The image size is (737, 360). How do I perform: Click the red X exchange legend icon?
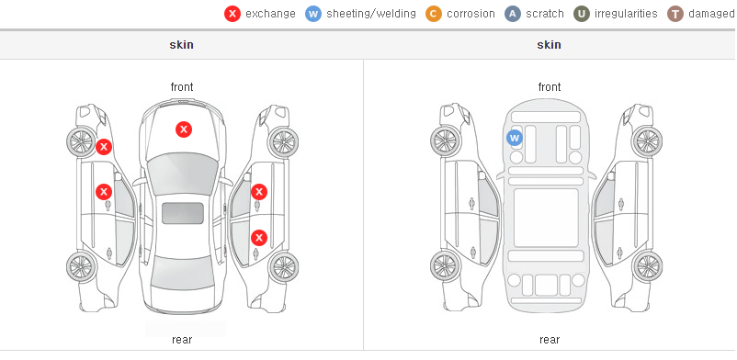232,14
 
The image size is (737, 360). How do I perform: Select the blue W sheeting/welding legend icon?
313,14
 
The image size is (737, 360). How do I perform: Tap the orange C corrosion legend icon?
434,14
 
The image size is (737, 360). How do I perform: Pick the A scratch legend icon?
513,14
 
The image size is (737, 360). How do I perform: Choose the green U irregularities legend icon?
582,14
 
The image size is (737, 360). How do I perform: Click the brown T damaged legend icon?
675,14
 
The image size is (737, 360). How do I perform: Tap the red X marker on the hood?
184,129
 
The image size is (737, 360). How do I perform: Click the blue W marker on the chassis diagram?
515,138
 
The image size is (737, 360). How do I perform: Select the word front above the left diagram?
182,87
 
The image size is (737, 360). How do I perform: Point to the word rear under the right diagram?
550,340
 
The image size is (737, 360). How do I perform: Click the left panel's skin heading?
181,45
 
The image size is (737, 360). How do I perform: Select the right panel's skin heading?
549,45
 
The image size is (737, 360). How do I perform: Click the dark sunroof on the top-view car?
183,213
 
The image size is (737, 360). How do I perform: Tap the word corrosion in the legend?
471,14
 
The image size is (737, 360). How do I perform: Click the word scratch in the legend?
545,14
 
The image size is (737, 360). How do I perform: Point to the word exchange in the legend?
270,14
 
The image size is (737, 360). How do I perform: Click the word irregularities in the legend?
626,14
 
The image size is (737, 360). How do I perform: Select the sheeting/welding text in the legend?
371,14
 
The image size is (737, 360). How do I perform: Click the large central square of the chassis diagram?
546,218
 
